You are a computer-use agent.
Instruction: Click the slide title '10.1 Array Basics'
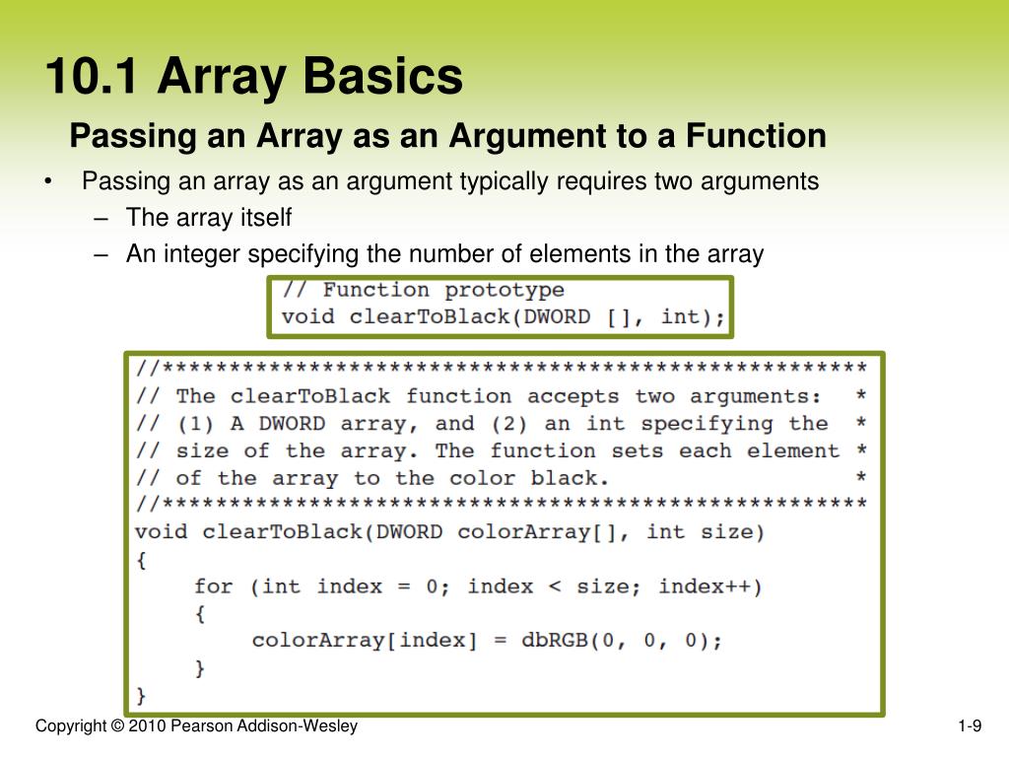tap(253, 77)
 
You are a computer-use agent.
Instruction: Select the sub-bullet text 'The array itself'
tap(209, 218)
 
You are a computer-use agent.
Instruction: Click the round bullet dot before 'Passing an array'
tap(47, 182)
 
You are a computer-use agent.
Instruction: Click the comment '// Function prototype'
tap(423, 290)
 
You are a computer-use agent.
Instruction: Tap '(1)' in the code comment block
tap(196, 424)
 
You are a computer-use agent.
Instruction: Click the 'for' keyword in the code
tap(214, 586)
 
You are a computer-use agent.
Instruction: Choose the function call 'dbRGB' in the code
tap(549, 641)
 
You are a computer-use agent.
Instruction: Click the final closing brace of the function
tap(141, 695)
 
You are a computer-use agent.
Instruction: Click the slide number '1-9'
tap(970, 727)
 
